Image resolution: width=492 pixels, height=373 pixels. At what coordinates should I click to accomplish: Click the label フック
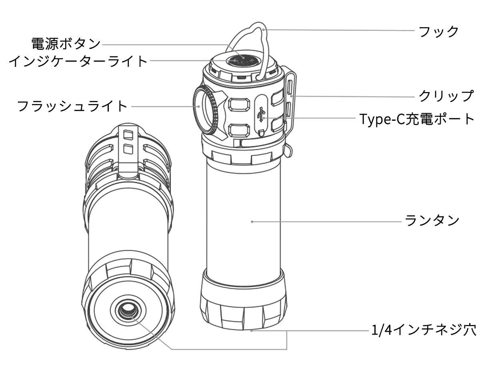pyautogui.click(x=438, y=32)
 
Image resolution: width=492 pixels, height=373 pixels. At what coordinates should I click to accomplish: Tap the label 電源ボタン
pyautogui.click(x=66, y=43)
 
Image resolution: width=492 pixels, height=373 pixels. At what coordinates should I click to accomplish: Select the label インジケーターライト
pyautogui.click(x=78, y=61)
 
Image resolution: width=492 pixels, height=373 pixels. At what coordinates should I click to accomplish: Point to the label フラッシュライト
pyautogui.click(x=72, y=106)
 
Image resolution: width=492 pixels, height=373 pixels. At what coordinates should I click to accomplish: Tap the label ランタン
pyautogui.click(x=432, y=220)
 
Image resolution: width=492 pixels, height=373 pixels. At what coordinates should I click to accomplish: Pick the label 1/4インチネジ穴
pyautogui.click(x=424, y=331)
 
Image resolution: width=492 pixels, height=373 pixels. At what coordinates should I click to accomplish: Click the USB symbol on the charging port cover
pyautogui.click(x=262, y=115)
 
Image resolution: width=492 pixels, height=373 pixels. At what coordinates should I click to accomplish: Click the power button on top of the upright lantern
pyautogui.click(x=243, y=60)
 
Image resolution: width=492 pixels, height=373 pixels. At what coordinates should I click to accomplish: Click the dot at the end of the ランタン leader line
pyautogui.click(x=252, y=221)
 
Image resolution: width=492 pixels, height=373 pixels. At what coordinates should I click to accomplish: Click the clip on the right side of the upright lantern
pyautogui.click(x=289, y=100)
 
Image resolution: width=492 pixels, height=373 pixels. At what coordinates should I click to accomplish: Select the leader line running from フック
pyautogui.click(x=340, y=30)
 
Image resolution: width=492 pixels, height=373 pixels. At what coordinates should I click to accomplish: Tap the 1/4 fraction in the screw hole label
pyautogui.click(x=379, y=331)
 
